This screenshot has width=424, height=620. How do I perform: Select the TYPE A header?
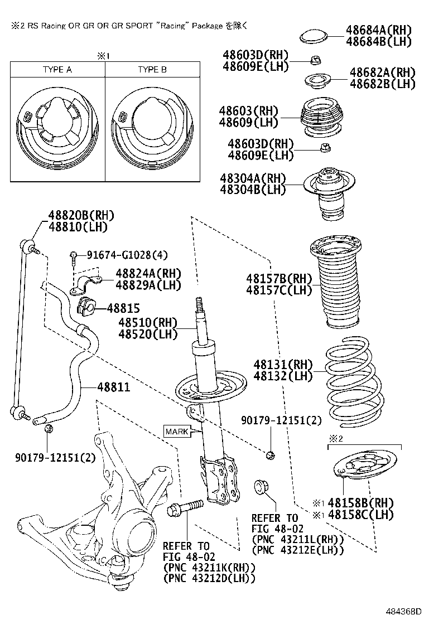57,70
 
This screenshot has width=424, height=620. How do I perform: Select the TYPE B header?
152,70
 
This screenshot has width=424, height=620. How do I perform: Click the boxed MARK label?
176,430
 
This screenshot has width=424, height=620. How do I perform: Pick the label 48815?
123,308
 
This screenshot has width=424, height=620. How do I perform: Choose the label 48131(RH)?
283,365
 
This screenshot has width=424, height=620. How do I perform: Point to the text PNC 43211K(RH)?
209,567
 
